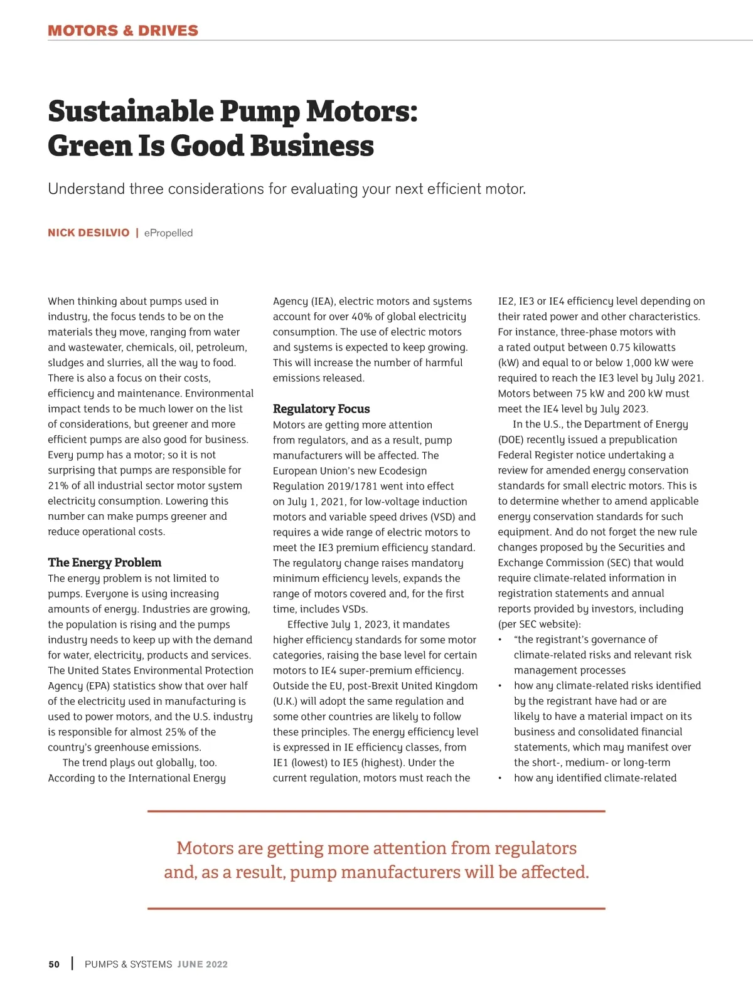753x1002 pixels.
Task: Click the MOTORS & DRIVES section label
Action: point(123,31)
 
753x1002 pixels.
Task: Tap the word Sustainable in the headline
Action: point(131,112)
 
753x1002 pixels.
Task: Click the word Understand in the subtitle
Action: point(86,189)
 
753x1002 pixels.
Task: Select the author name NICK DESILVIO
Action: point(88,233)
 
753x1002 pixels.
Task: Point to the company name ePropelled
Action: point(168,233)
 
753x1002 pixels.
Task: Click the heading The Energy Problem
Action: point(105,562)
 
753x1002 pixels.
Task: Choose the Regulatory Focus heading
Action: point(321,409)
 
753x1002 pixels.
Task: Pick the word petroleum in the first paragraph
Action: point(222,347)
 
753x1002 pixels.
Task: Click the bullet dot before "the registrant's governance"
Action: point(500,640)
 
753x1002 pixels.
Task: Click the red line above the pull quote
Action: point(376,811)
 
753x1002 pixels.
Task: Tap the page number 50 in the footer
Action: point(54,964)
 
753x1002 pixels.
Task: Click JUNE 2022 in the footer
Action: point(202,964)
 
